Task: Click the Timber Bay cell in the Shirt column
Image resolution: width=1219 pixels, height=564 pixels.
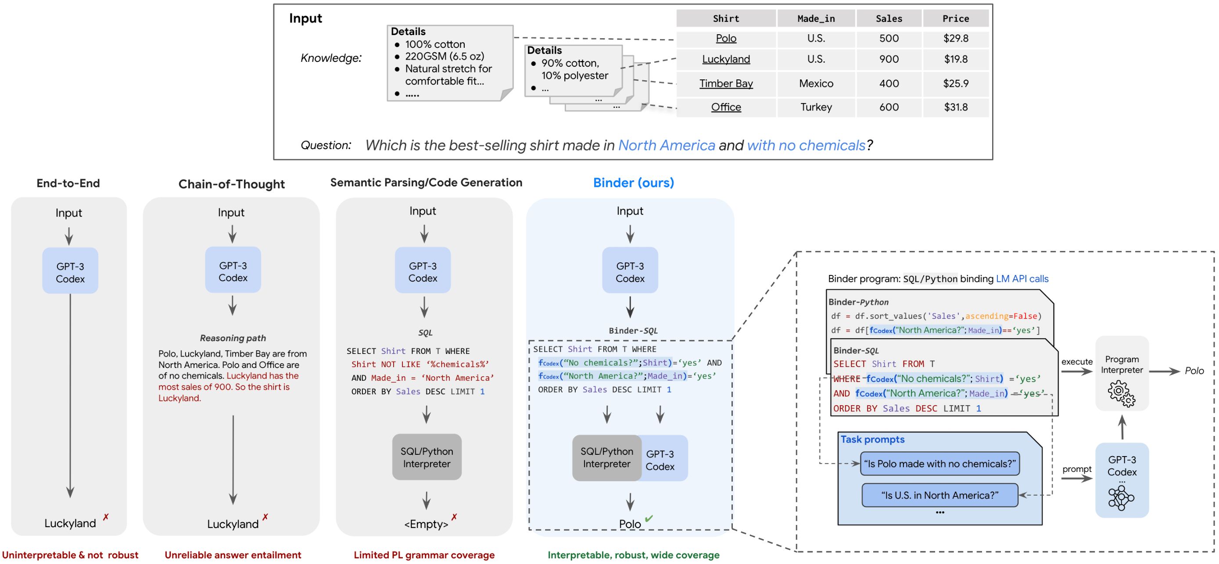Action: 725,84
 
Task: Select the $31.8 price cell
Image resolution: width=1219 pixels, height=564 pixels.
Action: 955,107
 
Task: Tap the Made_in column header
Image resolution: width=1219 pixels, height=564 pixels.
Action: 815,19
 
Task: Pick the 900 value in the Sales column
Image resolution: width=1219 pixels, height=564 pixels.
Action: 888,60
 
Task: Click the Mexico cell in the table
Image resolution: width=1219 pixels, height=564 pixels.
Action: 815,84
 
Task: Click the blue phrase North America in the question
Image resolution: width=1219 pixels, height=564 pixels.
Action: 666,145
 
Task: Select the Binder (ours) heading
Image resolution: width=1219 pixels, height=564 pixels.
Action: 633,182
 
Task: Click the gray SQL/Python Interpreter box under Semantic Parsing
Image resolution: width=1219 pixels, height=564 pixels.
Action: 427,457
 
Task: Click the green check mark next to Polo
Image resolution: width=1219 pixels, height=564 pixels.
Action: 648,518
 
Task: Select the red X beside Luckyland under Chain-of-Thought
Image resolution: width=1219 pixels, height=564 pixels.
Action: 265,517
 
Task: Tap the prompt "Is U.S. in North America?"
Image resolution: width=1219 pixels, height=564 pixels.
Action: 939,495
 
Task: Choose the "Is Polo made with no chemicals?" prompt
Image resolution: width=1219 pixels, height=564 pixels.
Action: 939,464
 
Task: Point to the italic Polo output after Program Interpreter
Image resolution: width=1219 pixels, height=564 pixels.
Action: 1194,371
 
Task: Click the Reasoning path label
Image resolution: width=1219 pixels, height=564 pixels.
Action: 233,338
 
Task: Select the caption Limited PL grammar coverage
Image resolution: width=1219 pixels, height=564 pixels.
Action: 423,554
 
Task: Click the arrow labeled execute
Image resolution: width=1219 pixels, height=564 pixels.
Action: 1076,371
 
